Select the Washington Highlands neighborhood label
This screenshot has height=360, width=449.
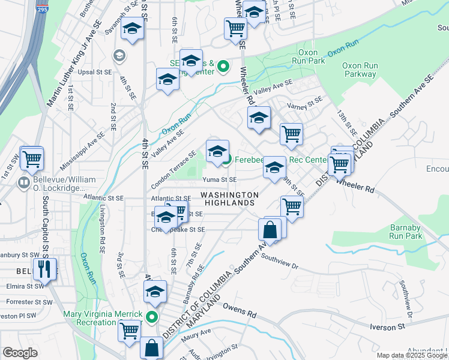tap(229, 199)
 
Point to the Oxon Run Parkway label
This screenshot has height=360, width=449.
tap(360, 70)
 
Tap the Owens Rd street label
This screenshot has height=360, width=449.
tap(239, 310)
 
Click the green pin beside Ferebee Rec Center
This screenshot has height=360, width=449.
tap(226, 160)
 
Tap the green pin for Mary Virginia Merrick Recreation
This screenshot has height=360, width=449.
tap(152, 318)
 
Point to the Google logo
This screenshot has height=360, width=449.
tap(20, 353)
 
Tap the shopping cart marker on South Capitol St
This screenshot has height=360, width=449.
tap(32, 159)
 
